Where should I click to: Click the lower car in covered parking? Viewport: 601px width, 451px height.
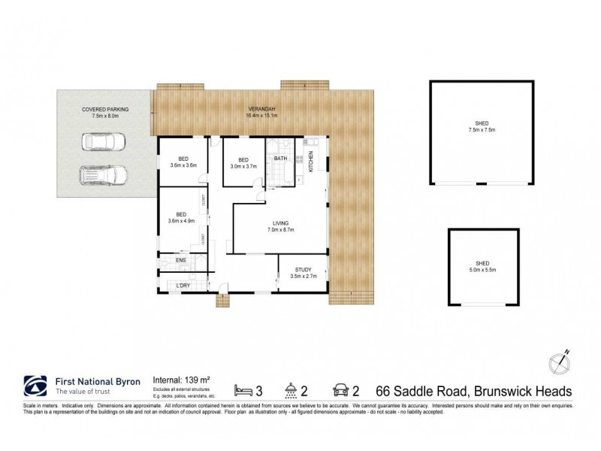pos(104,176)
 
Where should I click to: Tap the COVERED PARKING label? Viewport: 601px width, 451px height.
pos(105,113)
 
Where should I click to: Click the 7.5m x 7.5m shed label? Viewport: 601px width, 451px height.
pos(482,128)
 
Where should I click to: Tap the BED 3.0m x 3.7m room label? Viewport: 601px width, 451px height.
pos(243,163)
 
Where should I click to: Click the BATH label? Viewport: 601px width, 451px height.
pos(280,159)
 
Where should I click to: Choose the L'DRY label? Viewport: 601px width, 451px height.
pos(182,286)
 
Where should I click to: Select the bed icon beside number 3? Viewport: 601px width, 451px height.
pos(243,391)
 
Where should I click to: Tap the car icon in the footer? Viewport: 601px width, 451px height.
pos(340,391)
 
